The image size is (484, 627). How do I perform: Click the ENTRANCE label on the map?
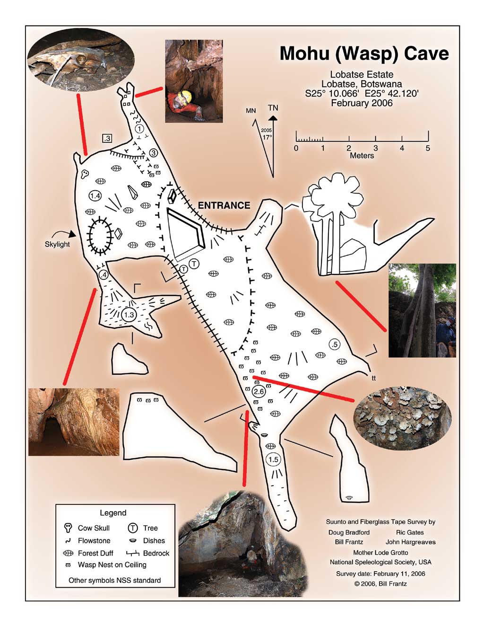click(x=224, y=205)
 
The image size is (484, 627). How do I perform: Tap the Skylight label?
click(x=57, y=244)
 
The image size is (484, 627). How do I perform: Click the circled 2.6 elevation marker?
click(x=259, y=392)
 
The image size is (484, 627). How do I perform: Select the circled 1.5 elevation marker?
click(x=273, y=459)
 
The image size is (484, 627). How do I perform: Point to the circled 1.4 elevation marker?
click(x=95, y=196)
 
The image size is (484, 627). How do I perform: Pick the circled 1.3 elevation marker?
click(x=129, y=315)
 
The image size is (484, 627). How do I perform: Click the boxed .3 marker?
click(x=107, y=138)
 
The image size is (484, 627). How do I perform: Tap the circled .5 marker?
click(x=335, y=344)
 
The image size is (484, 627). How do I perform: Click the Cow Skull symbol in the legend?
click(x=68, y=528)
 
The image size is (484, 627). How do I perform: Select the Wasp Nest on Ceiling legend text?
click(x=112, y=565)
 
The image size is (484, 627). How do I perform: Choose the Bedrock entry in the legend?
click(x=156, y=553)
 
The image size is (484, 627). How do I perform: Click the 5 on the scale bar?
click(x=428, y=149)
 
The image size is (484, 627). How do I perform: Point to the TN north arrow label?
click(x=273, y=108)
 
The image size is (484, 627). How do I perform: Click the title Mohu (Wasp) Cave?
click(x=364, y=53)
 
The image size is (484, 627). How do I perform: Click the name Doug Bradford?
click(x=349, y=532)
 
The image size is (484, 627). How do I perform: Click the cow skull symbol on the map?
click(x=85, y=174)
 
